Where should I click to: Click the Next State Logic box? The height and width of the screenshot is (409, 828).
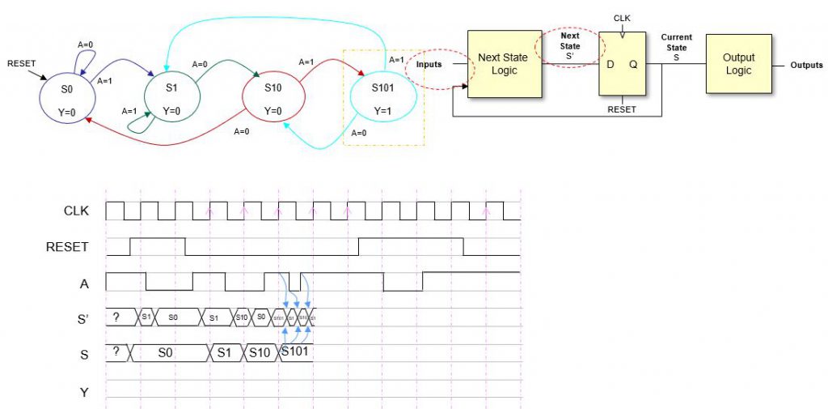tap(505, 64)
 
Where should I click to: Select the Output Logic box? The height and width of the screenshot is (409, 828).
tap(738, 64)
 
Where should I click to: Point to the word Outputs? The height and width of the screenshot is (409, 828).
tap(806, 66)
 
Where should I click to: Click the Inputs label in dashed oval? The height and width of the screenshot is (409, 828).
tap(429, 64)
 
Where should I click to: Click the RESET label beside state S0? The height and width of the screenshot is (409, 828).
tap(23, 63)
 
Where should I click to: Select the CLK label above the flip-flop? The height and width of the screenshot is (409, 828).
tap(622, 17)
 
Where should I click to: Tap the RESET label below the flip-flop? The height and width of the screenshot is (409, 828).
tap(622, 109)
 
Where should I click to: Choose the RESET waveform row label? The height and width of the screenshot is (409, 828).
tap(66, 246)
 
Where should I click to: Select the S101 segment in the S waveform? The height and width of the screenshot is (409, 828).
tap(296, 352)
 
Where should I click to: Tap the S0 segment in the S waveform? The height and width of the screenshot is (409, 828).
tap(167, 353)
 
